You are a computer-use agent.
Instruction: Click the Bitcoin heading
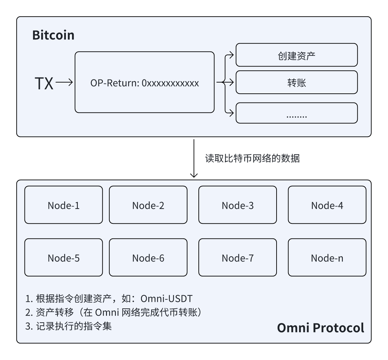[53, 35]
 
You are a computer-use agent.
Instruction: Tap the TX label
[44, 84]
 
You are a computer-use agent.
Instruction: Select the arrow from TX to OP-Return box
[64, 82]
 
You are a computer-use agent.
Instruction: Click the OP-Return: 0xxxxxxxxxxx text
[144, 83]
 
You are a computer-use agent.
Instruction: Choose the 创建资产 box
[297, 55]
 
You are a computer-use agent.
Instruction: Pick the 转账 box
[297, 82]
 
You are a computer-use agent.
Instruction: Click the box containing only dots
[297, 113]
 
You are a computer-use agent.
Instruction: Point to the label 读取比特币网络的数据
[252, 158]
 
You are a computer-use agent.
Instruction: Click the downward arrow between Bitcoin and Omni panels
[194, 158]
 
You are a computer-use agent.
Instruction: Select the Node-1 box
[64, 205]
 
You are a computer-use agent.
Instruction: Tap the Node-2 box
[148, 205]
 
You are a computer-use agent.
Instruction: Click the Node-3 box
[237, 205]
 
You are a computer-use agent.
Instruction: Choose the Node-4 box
[327, 205]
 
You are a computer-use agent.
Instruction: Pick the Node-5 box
[64, 257]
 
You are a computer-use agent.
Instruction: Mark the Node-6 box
[148, 257]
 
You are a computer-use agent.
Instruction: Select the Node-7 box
[237, 257]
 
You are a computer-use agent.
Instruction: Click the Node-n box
[327, 257]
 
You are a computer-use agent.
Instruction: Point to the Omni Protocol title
[320, 328]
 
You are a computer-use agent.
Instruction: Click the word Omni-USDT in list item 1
[166, 299]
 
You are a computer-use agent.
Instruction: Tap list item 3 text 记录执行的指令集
[74, 326]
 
